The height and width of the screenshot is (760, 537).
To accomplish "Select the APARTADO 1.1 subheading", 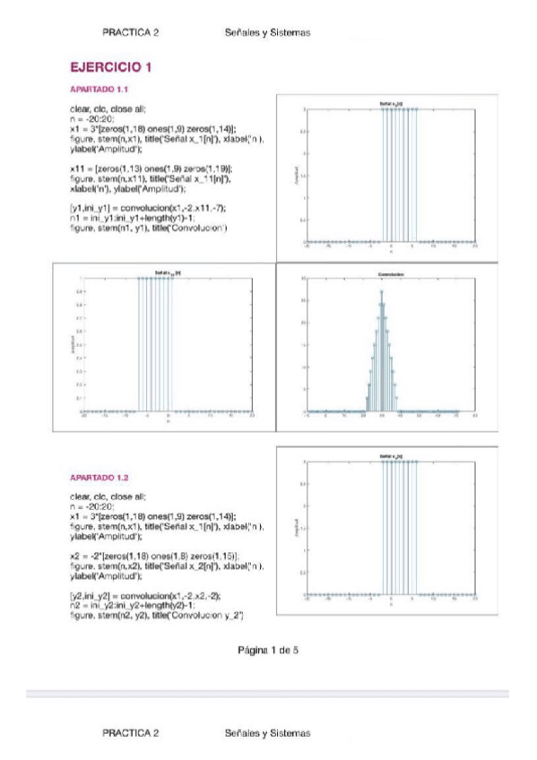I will (100, 90).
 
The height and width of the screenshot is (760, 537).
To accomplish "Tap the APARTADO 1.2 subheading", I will (100, 478).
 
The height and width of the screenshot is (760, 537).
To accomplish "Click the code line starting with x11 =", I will (152, 168).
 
